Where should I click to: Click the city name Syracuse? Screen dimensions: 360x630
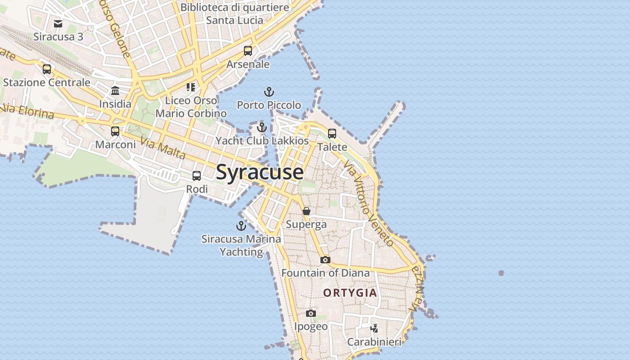point(260,172)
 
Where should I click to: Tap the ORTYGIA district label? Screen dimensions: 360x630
point(350,293)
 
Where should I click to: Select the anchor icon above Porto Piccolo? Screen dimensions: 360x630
point(269,92)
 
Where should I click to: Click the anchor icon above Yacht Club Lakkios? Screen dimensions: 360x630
point(262,128)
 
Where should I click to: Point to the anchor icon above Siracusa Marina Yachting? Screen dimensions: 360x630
point(241,226)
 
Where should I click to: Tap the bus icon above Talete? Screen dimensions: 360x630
point(332,134)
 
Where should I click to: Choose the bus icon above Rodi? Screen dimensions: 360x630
point(197,176)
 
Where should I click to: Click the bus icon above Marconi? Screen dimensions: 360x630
point(115,131)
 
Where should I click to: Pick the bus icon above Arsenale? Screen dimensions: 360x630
point(248,51)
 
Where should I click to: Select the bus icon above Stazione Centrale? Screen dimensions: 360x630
point(47,69)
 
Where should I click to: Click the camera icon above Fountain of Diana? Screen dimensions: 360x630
point(325,260)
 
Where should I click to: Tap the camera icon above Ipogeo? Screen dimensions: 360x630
point(310,313)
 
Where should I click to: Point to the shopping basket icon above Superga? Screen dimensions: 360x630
point(306,211)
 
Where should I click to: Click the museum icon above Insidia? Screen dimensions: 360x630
point(115,91)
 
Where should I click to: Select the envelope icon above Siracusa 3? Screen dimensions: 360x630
point(58,23)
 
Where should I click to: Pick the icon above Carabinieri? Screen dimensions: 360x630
point(374,328)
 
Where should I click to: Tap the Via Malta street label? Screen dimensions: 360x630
point(163,148)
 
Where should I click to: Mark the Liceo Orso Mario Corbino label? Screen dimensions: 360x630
point(191,107)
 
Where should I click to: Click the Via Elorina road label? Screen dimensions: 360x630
point(28,111)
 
